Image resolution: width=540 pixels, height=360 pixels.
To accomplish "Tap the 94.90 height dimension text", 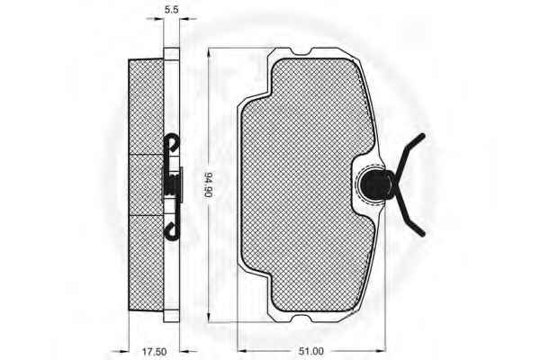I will pyautogui.click(x=209, y=184).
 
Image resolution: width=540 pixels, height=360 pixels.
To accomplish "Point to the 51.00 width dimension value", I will pyautogui.click(x=312, y=350).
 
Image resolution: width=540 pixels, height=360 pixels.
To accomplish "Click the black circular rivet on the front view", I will pyautogui.click(x=372, y=185).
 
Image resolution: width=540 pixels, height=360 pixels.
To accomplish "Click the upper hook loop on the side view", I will pyautogui.click(x=172, y=144).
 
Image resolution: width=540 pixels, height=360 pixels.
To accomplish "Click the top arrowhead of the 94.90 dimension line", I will pyautogui.click(x=208, y=51).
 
